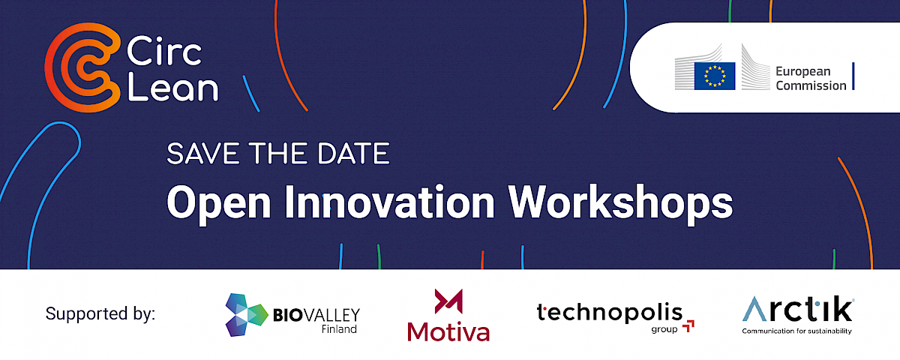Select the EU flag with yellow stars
tap(715, 76)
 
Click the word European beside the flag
tap(802, 72)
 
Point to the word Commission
tap(811, 85)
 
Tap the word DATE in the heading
tap(353, 154)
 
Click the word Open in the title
tap(219, 203)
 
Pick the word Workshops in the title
tap(621, 203)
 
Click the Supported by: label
tap(100, 313)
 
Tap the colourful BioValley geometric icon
tap(246, 314)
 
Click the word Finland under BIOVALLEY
tap(339, 329)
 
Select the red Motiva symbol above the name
tap(448, 301)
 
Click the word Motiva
tap(448, 332)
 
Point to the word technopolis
tap(610, 312)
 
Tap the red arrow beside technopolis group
tap(688, 326)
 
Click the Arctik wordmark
tap(798, 309)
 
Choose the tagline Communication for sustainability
tap(796, 331)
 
